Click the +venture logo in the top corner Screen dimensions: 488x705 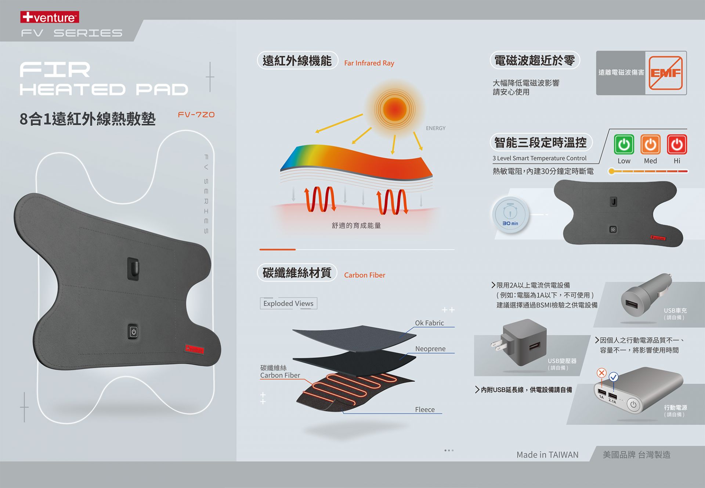[50, 17]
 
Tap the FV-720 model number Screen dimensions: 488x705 [196, 115]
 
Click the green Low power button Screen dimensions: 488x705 [623, 144]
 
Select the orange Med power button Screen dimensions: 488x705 [650, 144]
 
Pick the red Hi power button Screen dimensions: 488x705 [677, 144]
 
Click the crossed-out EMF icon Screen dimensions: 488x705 [665, 73]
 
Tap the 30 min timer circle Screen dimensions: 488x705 [510, 215]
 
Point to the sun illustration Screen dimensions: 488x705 [395, 109]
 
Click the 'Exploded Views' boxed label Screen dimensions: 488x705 [288, 303]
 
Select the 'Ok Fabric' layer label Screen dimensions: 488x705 [429, 323]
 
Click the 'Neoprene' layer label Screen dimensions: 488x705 [430, 348]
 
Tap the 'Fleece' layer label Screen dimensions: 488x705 [424, 409]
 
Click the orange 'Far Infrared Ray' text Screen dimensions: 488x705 [369, 63]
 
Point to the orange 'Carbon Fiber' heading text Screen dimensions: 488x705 [365, 275]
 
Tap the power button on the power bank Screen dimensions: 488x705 [633, 405]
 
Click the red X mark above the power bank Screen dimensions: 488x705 [601, 373]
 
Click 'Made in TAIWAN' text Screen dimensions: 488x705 [547, 455]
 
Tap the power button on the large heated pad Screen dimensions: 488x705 [133, 332]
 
